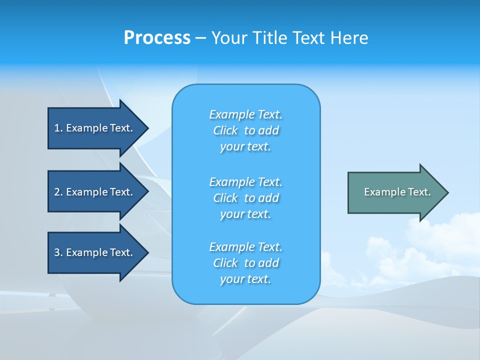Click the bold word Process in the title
157,38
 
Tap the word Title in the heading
270,38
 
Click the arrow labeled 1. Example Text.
95,128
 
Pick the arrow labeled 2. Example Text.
95,192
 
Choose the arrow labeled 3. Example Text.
95,252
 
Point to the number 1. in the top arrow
58,128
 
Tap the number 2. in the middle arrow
58,192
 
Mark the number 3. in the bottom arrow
58,252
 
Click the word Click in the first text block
225,130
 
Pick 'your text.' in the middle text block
245,214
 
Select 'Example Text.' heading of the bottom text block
245,247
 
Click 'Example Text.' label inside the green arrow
397,192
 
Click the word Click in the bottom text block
225,263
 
